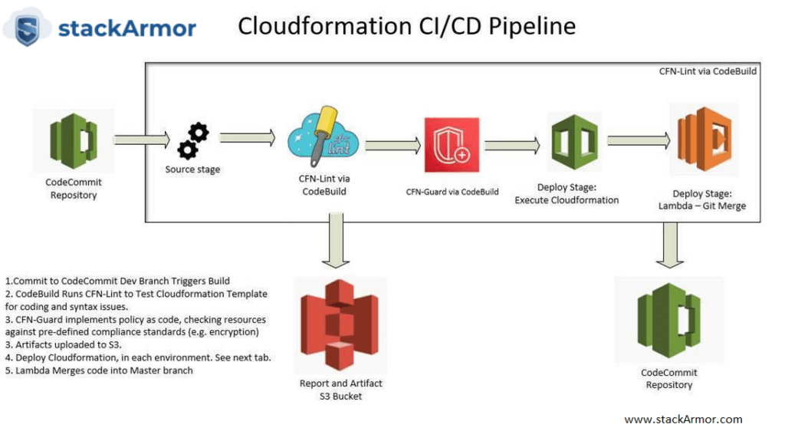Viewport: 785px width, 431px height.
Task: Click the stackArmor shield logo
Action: [x=27, y=28]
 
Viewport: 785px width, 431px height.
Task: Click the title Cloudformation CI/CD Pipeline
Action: [x=406, y=26]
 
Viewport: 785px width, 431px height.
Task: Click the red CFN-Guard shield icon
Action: [x=452, y=145]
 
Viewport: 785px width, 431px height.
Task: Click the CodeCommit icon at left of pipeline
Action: [x=74, y=141]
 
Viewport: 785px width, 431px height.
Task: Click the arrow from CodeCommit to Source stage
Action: [x=132, y=140]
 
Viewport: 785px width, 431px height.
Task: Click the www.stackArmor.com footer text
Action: [x=683, y=419]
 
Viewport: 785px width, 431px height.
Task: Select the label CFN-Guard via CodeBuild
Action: [x=452, y=192]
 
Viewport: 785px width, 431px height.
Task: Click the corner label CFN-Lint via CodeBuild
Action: [x=708, y=71]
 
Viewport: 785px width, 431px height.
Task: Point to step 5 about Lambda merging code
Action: [x=99, y=370]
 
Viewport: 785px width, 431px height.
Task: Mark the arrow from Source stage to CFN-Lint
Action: [x=247, y=138]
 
